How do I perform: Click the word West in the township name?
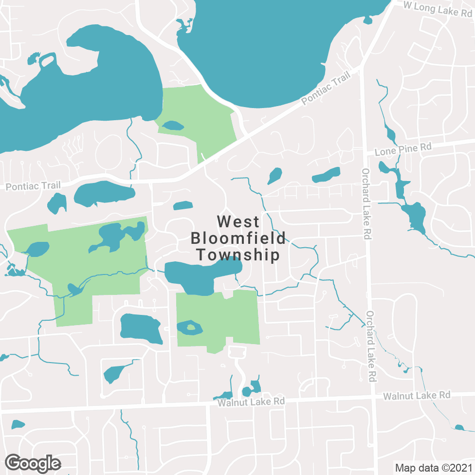click(238, 222)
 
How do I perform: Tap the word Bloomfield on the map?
click(238, 238)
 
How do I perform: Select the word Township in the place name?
click(238, 255)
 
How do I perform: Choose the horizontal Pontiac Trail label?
click(33, 185)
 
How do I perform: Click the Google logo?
click(33, 463)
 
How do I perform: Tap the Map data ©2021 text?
click(433, 468)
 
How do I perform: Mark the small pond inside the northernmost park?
click(173, 126)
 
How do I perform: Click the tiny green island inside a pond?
click(191, 327)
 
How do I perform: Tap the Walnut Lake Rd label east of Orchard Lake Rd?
click(417, 396)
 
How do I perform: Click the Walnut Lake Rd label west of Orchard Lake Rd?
click(251, 402)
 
